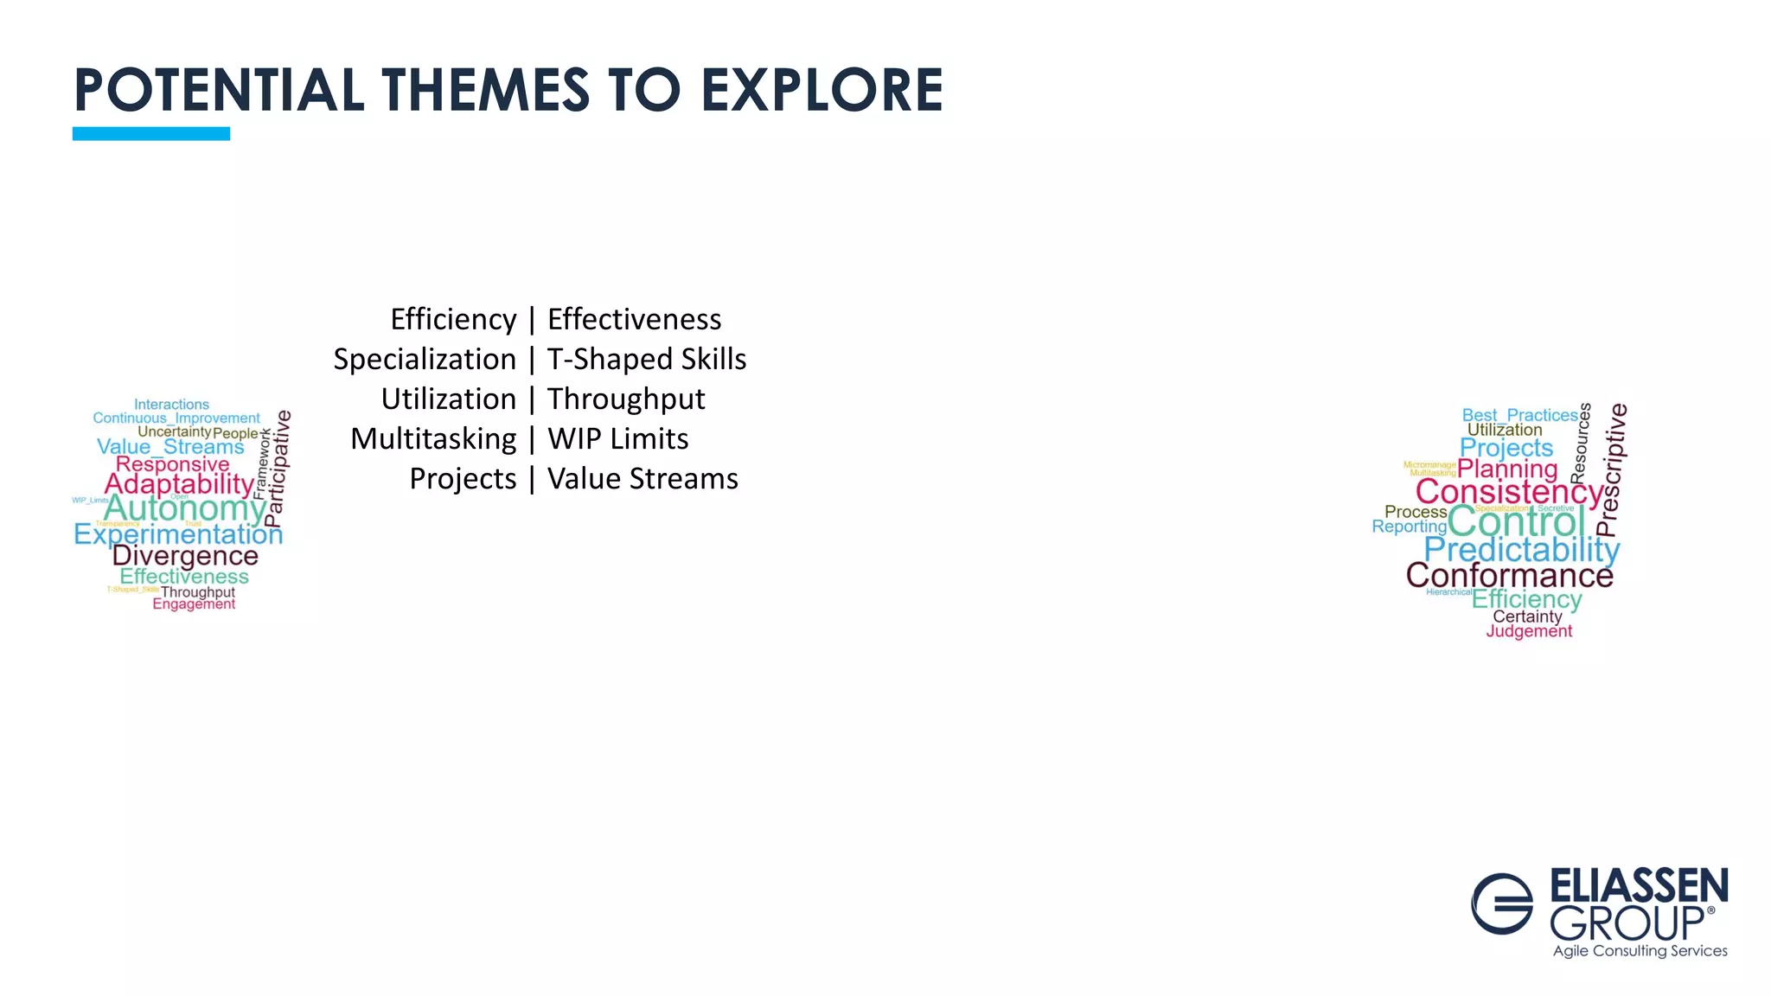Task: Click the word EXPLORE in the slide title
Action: tap(822, 90)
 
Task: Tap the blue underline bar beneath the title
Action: tap(150, 133)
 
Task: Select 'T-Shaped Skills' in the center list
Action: tap(646, 359)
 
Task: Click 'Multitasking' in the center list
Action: tap(433, 438)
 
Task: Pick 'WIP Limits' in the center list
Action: tap(617, 438)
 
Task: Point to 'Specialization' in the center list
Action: tap(425, 359)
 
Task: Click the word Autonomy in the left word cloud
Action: tap(184, 508)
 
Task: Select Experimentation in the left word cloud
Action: tap(178, 534)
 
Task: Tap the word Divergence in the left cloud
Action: tap(185, 556)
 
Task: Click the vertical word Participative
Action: tap(277, 469)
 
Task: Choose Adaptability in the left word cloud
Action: tap(179, 484)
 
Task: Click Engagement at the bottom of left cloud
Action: tap(194, 604)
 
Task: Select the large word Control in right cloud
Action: tap(1516, 521)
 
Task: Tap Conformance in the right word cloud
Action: tap(1509, 575)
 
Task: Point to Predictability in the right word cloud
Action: tap(1522, 549)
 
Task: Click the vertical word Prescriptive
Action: tap(1611, 469)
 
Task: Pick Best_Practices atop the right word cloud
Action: tap(1519, 415)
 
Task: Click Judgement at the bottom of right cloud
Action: tap(1529, 631)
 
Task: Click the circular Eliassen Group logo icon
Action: tap(1502, 903)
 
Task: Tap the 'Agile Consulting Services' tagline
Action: tap(1640, 951)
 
